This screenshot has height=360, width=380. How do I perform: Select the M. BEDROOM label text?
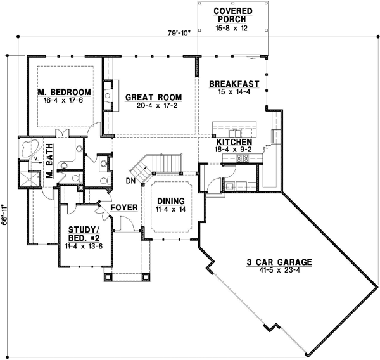[64, 90]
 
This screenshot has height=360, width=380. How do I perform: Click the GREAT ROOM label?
[153, 97]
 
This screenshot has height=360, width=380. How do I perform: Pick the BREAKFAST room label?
[233, 84]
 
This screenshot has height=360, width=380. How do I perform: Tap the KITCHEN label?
[234, 142]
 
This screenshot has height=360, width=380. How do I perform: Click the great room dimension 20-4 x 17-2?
[153, 105]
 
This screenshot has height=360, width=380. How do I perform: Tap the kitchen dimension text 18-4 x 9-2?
[235, 150]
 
